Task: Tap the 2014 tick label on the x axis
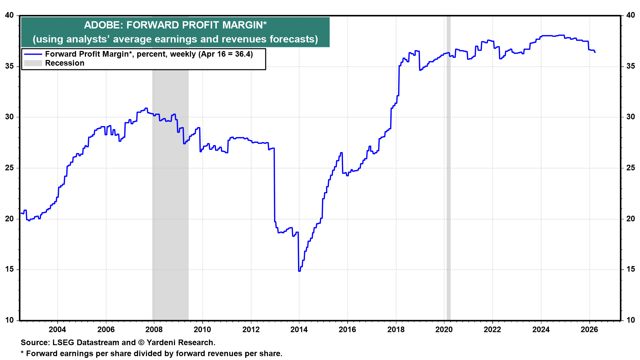[299, 329]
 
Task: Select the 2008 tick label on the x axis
[154, 329]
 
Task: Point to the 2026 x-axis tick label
[589, 329]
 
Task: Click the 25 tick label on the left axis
[9, 168]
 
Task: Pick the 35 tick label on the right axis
[630, 66]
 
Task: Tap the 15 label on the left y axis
[9, 269]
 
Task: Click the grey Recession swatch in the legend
[33, 63]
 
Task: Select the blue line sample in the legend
[33, 54]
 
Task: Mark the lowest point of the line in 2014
[299, 271]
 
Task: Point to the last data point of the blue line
[595, 52]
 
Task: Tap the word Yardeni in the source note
[161, 342]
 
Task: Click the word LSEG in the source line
[63, 342]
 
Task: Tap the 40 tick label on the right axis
[630, 15]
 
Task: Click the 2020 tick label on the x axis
[444, 329]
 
